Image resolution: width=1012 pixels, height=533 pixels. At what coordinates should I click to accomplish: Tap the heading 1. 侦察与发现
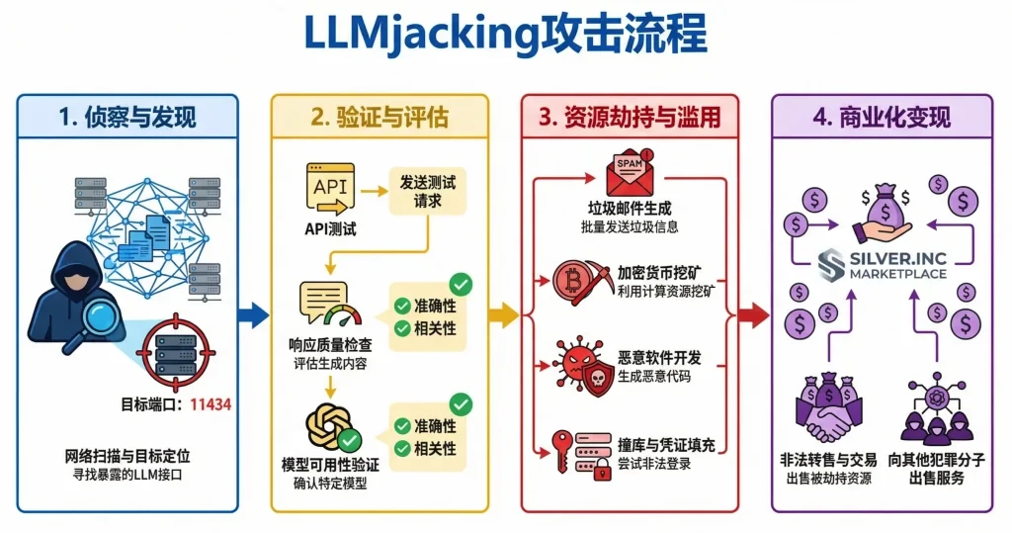click(127, 118)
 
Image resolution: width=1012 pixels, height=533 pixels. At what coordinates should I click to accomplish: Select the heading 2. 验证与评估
click(379, 118)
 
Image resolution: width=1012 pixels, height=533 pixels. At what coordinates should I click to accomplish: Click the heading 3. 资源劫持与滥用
click(632, 118)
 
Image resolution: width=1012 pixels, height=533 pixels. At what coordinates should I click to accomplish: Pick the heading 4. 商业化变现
click(882, 118)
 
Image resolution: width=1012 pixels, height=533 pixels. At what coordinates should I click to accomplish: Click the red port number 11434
click(210, 403)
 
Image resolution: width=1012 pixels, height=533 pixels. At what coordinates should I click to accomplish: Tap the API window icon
click(331, 187)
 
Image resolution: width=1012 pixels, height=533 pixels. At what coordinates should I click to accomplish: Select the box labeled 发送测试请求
click(427, 192)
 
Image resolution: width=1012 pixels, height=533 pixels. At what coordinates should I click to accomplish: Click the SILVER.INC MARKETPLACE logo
click(882, 265)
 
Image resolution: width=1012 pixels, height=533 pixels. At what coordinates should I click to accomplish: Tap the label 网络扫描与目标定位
click(127, 457)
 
